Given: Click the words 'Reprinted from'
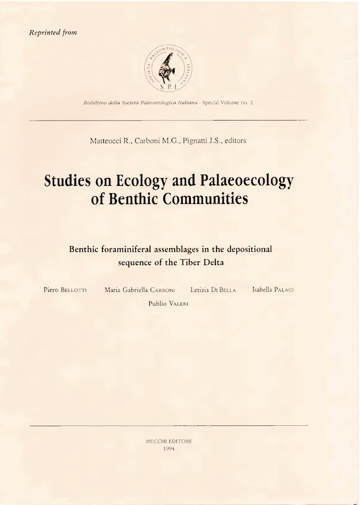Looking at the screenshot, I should click(53, 32).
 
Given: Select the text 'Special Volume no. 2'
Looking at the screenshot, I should click(227, 103).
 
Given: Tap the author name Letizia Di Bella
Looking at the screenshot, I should click(214, 290).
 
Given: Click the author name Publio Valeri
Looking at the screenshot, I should click(169, 303).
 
